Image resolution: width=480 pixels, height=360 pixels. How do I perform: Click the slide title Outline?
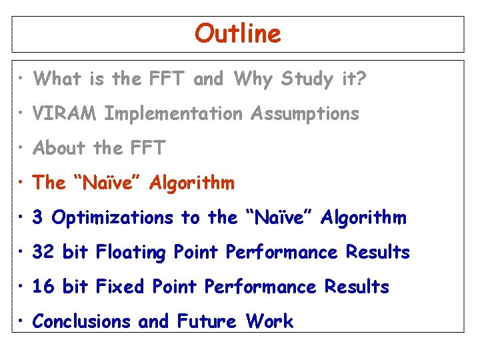click(x=238, y=33)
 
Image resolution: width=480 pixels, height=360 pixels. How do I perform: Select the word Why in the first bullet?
click(x=253, y=79)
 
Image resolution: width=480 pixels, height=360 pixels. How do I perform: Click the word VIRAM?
click(x=65, y=114)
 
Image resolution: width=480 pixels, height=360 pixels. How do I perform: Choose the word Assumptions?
click(x=305, y=114)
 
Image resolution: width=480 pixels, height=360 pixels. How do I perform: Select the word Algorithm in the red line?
click(x=192, y=183)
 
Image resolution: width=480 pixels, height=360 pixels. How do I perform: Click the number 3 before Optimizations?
click(x=38, y=218)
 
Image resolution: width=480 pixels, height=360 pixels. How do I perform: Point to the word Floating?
click(x=131, y=253)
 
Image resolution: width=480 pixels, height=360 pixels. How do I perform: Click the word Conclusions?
click(x=81, y=321)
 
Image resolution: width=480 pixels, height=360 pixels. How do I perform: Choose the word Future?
click(x=207, y=321)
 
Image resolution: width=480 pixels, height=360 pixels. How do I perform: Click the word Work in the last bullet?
click(x=269, y=321)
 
